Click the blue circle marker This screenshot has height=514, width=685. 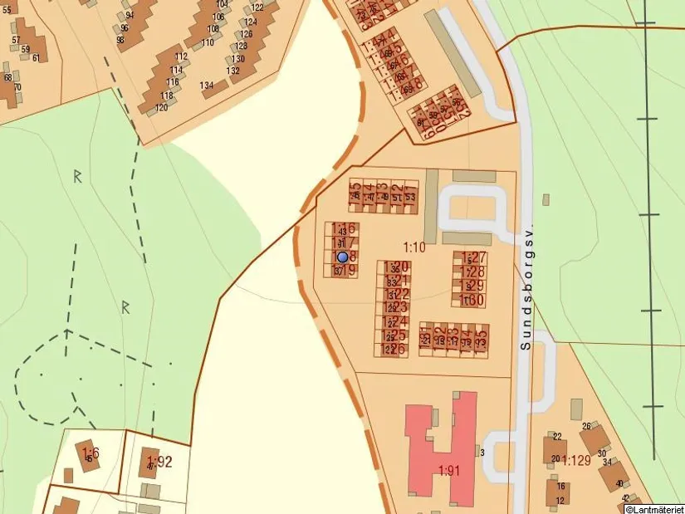click(x=342, y=257)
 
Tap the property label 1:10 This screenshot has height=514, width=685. click(x=414, y=247)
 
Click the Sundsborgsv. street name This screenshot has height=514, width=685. click(x=525, y=286)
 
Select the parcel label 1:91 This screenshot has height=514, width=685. click(x=449, y=469)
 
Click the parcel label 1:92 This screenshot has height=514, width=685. click(x=159, y=461)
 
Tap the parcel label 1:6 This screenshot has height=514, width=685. click(x=90, y=453)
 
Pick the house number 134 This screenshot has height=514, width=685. click(x=207, y=86)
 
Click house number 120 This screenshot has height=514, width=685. click(x=162, y=108)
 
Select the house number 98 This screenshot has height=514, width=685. click(x=121, y=40)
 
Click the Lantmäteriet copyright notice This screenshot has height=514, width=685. click(x=654, y=508)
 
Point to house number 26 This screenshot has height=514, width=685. click(x=586, y=427)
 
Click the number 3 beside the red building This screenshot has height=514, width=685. click(x=482, y=452)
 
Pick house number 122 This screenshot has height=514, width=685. click(x=257, y=7)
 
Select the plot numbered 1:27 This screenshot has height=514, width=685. click(x=473, y=258)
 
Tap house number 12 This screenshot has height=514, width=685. click(x=561, y=500)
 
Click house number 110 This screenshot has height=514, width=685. click(x=208, y=42)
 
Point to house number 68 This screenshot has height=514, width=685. click(x=8, y=77)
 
